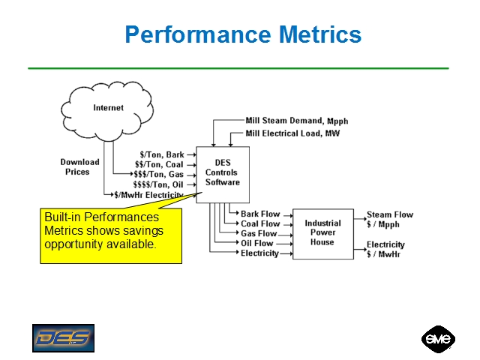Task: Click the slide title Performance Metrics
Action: [243, 34]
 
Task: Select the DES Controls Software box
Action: [223, 172]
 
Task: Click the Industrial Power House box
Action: [322, 232]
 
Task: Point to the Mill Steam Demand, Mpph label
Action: [296, 121]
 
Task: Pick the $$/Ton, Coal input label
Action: [159, 165]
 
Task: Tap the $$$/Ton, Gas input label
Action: [158, 175]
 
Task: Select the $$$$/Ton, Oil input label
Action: [158, 184]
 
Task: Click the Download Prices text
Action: [79, 166]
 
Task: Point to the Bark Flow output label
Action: [260, 214]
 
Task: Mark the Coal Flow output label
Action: [260, 223]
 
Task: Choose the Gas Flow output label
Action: [259, 233]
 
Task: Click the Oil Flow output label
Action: [257, 243]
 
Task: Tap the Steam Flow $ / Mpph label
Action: [389, 219]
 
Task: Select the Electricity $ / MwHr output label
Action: [385, 249]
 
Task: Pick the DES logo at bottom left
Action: [63, 338]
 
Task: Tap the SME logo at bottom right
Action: [438, 339]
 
